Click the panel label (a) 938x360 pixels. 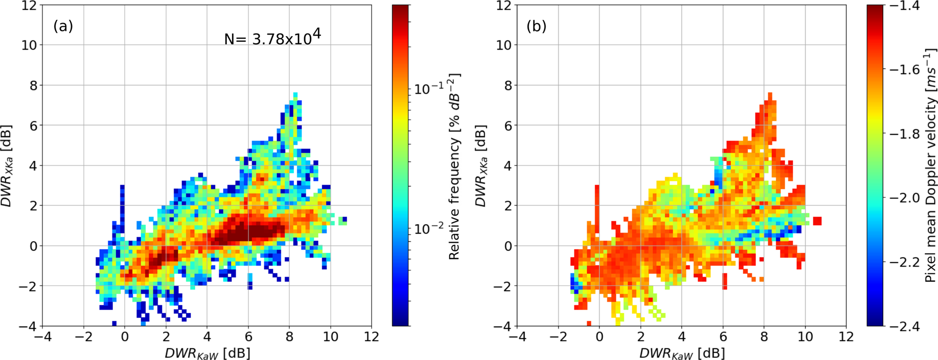(x=63, y=26)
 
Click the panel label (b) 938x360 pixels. (x=536, y=26)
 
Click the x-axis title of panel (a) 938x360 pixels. (x=207, y=353)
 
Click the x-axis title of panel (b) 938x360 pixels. (x=682, y=353)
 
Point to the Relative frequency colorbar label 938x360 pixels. (x=454, y=166)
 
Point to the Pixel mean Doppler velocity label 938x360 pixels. (x=930, y=166)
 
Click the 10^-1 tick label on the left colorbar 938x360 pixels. (x=428, y=89)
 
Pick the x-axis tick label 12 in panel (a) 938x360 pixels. (x=371, y=337)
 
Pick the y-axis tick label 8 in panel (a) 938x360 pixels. (x=33, y=85)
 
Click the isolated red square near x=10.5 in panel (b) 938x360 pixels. (x=817, y=221)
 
